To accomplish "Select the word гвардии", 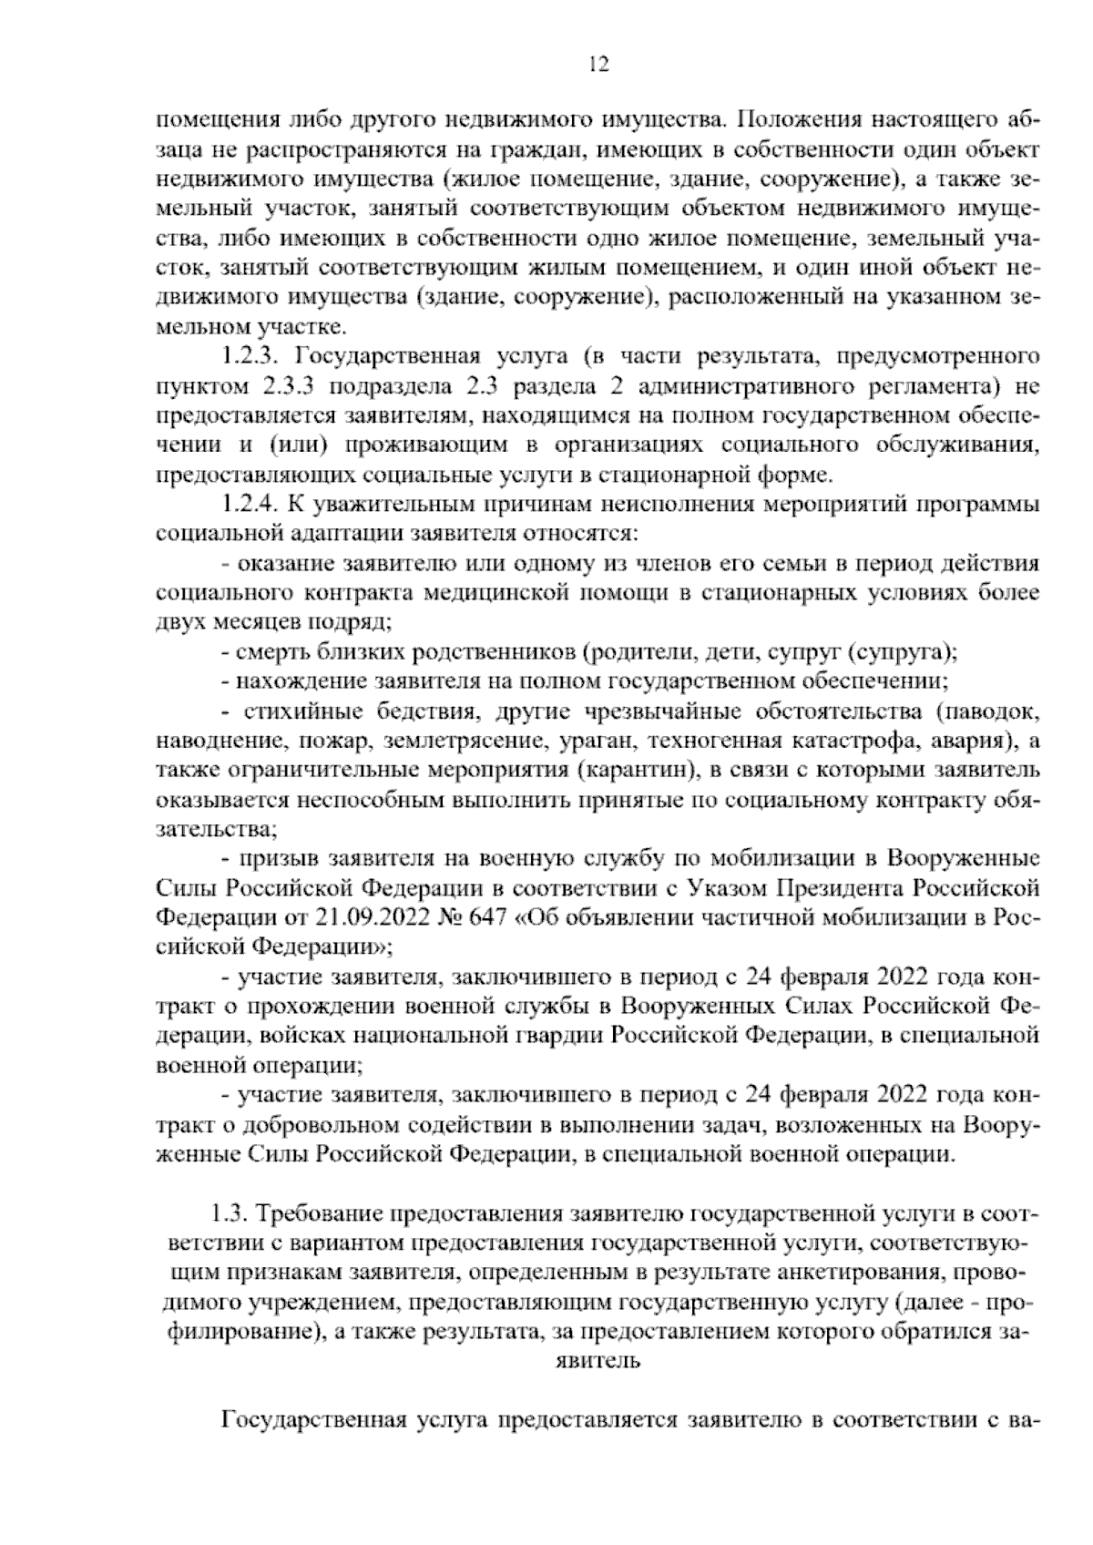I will tap(568, 1034).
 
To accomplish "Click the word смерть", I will tap(265, 652).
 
